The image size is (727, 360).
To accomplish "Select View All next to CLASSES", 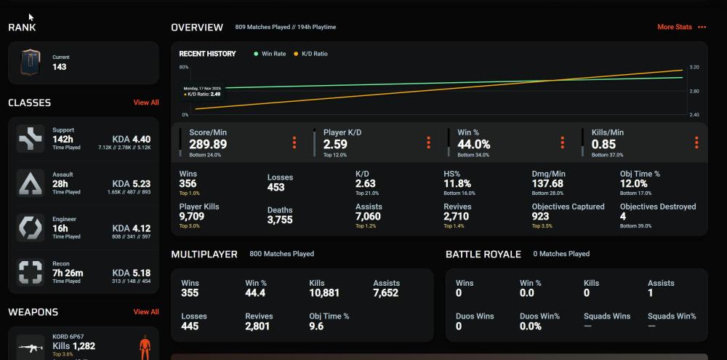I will pyautogui.click(x=145, y=103).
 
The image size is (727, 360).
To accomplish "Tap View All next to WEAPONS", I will pyautogui.click(x=145, y=312).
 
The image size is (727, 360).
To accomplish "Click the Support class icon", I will pyautogui.click(x=31, y=139).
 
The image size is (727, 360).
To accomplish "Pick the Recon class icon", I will pyautogui.click(x=31, y=273).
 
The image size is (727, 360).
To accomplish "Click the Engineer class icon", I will pyautogui.click(x=31, y=228).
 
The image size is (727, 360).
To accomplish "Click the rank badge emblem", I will pyautogui.click(x=31, y=63).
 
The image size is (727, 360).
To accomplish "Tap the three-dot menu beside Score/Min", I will pyautogui.click(x=294, y=143).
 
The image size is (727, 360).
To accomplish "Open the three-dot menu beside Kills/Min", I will pyautogui.click(x=696, y=143).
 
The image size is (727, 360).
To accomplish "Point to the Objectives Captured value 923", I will pyautogui.click(x=541, y=217).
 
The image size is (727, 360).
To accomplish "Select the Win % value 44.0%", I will pyautogui.click(x=473, y=144).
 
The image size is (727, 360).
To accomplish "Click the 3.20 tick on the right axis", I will pyautogui.click(x=694, y=67).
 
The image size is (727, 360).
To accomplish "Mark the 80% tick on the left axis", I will pyautogui.click(x=184, y=67).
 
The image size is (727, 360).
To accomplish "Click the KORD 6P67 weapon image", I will pyautogui.click(x=31, y=347).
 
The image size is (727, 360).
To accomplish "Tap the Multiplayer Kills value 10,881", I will pyautogui.click(x=324, y=293).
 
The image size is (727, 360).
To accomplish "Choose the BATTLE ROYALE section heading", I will pyautogui.click(x=483, y=254).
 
